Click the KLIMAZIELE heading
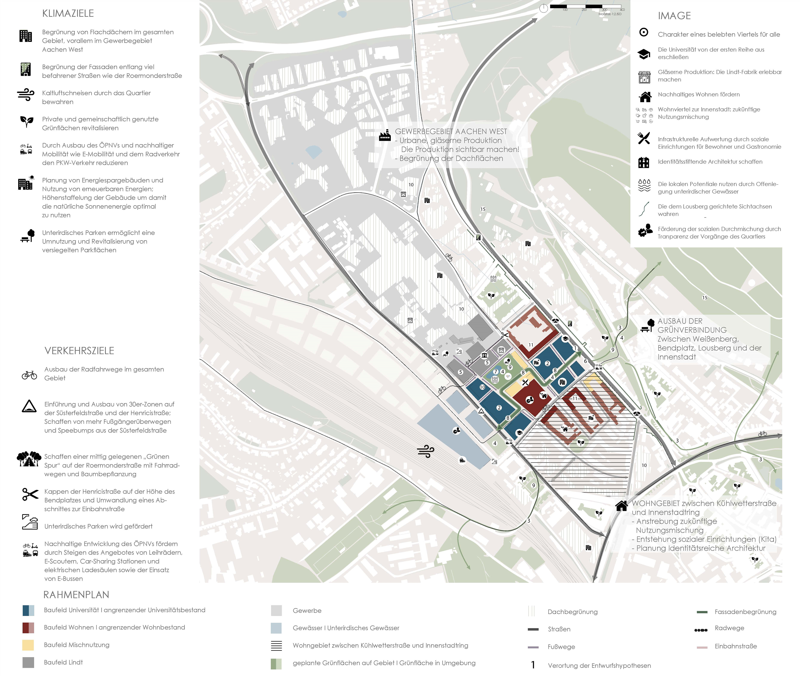68,13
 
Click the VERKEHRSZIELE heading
79,351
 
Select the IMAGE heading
674,16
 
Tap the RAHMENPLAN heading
76,595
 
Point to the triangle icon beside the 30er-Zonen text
29,406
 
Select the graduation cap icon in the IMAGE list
644,54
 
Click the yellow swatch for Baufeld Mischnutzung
28,645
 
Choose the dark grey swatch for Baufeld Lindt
28,662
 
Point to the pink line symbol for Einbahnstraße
701,647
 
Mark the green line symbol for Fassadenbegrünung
701,612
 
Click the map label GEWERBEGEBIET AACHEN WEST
451,131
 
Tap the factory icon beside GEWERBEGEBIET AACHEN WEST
385,136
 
